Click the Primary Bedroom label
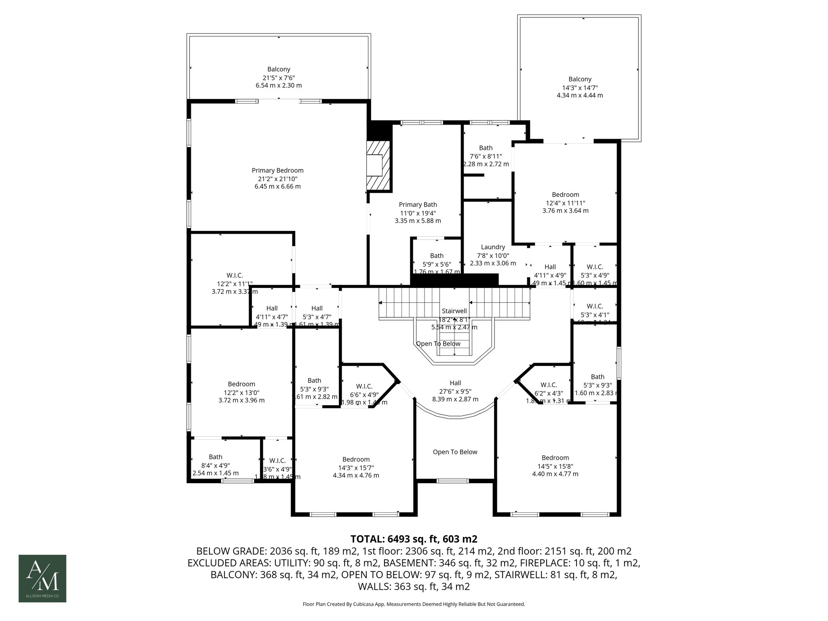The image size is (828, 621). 277,171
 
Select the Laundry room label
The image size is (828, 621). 493,247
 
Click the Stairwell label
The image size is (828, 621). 454,311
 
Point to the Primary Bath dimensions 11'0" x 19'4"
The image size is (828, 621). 418,213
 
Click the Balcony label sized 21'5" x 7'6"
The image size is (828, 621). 279,70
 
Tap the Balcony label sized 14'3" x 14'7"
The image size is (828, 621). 579,79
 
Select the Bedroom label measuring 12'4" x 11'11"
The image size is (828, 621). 565,195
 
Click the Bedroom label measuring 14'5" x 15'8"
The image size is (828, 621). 555,458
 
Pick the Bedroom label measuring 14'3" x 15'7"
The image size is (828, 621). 356,459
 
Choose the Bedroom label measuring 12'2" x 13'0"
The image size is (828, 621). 241,384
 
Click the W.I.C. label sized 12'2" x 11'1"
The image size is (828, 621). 234,275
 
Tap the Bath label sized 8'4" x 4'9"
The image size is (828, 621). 215,457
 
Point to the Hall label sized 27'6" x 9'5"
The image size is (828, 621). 455,383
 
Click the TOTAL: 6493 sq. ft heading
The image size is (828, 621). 414,539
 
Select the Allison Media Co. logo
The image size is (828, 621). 42,578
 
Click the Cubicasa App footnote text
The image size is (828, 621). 414,604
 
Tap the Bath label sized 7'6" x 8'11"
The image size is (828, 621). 486,148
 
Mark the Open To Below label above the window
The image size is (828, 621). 455,452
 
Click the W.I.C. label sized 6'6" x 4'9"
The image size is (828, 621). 364,386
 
